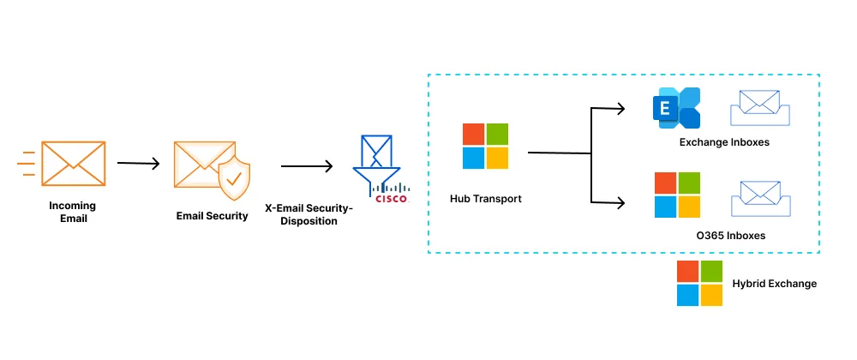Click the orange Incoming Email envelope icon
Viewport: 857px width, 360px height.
coord(73,163)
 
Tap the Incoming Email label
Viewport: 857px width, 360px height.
coord(73,212)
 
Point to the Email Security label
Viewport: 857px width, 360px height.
coord(212,216)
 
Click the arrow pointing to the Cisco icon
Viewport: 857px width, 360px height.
coord(307,166)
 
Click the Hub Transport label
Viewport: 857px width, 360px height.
coord(485,199)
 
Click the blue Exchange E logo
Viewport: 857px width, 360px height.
coord(675,108)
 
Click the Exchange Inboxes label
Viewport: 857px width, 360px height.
coord(724,142)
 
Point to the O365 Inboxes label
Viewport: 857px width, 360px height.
coord(730,235)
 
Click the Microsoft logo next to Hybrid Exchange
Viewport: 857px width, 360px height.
coord(699,284)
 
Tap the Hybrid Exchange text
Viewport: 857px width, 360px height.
coord(774,284)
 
